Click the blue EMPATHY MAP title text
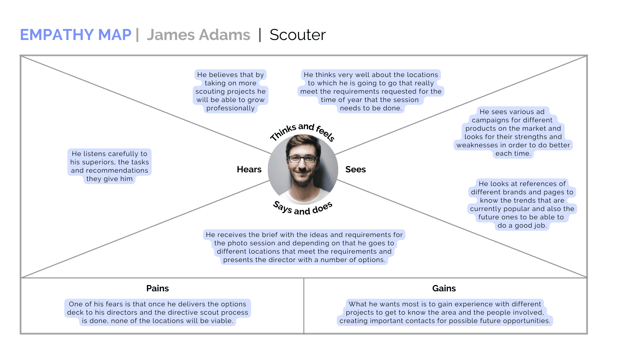(76, 35)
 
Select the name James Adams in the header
(198, 35)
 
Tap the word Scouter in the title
(297, 35)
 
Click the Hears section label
(249, 169)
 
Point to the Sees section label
(356, 169)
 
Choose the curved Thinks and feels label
(302, 130)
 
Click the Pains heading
(157, 288)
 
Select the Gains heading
(444, 288)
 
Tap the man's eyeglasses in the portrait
(302, 159)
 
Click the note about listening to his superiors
(109, 166)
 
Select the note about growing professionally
(230, 91)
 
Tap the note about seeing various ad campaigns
(513, 132)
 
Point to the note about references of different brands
(522, 204)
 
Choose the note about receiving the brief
(304, 247)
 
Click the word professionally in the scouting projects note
(230, 108)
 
